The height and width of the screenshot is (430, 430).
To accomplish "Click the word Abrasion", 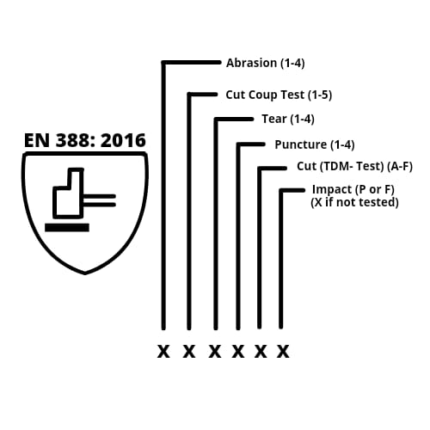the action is coord(251,63).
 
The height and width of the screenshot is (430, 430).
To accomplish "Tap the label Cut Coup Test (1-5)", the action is coord(279,95).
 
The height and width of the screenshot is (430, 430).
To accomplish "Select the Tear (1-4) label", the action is coord(288,119).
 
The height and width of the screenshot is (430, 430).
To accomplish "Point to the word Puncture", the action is coord(301,144).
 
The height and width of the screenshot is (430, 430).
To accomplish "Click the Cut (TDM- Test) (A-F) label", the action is coord(354,166).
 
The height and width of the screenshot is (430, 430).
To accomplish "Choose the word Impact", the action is coord(332,190).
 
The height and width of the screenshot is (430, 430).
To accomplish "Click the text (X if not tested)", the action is coord(354,202).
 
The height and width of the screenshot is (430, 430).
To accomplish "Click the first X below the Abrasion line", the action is coord(163,352).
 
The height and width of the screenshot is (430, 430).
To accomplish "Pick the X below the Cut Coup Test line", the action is coord(189,352).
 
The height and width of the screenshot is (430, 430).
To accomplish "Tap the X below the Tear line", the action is coord(215,352).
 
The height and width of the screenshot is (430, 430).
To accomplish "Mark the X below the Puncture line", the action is coord(238,352).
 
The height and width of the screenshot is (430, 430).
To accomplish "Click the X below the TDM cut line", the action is coord(261,352).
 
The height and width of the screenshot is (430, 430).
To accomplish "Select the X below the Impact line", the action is coord(283,352).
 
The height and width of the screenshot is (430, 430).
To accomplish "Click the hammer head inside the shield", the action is coord(68,200).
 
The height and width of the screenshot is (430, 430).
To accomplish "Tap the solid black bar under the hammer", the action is coord(67,228).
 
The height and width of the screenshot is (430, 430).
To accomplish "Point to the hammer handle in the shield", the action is coord(100,200).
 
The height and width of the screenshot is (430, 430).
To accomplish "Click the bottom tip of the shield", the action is coord(85,274).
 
